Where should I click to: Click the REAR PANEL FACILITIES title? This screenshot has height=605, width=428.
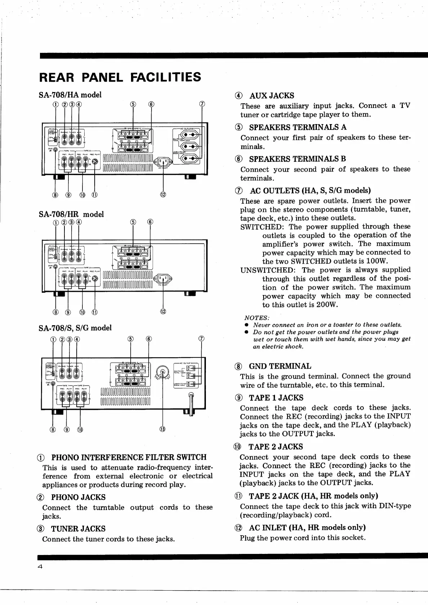120,77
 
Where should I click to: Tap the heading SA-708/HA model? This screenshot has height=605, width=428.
70,95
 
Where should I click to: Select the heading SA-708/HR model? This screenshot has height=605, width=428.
71,214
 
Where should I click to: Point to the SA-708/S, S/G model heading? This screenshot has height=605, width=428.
75,328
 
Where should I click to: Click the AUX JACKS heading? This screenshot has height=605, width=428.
271,96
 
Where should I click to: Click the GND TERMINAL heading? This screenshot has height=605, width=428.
280,366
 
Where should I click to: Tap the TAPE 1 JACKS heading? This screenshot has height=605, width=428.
276,398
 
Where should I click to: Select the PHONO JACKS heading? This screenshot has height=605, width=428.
78,497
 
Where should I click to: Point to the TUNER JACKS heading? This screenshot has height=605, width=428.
78,529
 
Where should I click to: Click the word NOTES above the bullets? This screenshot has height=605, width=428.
257,318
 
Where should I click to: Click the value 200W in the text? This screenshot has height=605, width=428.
325,305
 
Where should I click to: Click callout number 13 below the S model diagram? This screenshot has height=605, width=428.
163,429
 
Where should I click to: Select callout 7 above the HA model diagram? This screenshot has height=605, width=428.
202,105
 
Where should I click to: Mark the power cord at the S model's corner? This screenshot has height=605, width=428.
191,405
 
